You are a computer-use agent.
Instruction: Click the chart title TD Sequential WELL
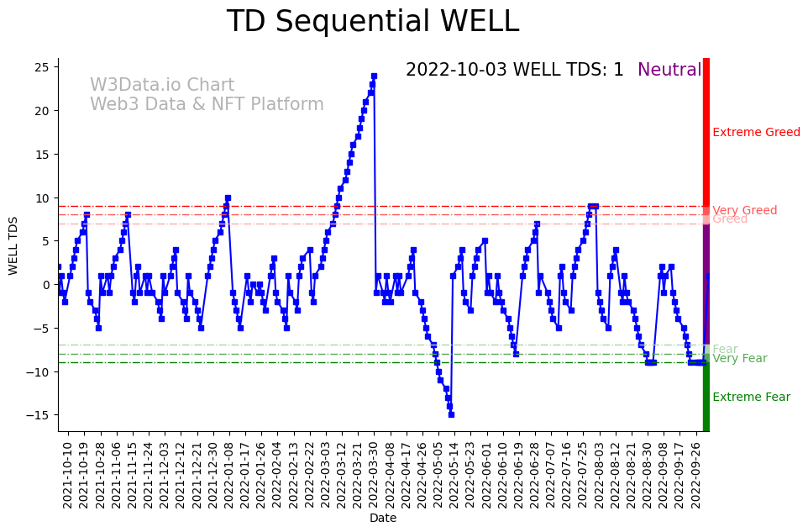tap(372, 23)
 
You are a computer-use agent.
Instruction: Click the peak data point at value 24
tap(374, 76)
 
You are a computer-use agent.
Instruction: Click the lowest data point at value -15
tap(451, 414)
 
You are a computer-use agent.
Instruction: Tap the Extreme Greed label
tap(756, 132)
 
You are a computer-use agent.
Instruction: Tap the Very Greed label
tap(744, 210)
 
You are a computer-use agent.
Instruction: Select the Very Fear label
tap(739, 359)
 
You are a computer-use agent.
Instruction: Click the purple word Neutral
tap(669, 71)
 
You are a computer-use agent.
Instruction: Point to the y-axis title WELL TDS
tap(13, 245)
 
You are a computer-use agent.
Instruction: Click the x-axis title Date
tap(382, 519)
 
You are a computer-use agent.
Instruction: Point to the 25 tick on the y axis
tap(42, 67)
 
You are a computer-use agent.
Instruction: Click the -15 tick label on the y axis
tap(39, 415)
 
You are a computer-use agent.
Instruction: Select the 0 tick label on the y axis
tap(46, 285)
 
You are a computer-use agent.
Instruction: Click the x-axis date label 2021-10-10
tap(68, 475)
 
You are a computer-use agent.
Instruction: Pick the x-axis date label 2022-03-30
tap(373, 475)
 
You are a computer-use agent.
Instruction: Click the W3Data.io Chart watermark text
tap(162, 86)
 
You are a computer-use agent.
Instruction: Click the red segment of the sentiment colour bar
tap(706, 134)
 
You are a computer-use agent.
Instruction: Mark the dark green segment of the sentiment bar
tap(706, 395)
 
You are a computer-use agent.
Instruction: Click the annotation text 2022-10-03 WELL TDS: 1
tap(514, 71)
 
